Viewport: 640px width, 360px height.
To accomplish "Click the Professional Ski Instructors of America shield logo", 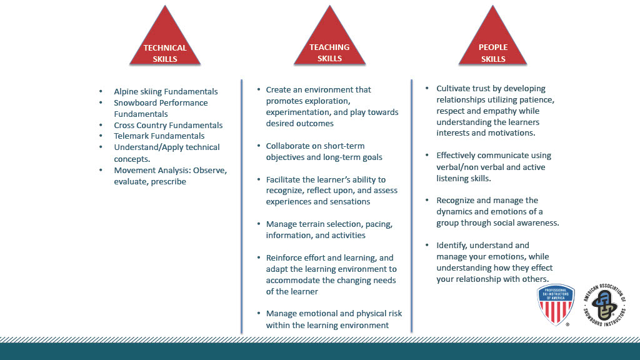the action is point(556,304).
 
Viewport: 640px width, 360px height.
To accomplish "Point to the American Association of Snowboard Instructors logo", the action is point(604,304).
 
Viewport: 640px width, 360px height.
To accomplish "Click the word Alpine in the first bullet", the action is point(126,92).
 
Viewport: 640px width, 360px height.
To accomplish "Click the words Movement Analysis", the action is point(152,170).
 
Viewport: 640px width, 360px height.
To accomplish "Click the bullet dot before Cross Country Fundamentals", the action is point(101,125).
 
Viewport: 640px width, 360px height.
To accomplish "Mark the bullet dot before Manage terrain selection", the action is point(258,224).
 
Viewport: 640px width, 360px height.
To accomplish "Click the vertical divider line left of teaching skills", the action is point(242,206).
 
